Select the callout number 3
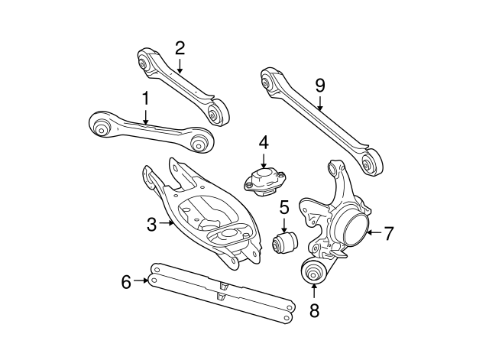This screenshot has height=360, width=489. pos(151,223)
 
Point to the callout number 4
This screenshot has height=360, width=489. pos(263,143)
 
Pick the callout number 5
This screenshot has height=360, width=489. pos(283,206)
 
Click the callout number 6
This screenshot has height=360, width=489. pos(127,281)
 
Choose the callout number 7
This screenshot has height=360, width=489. pos(388,234)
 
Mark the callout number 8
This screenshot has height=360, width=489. pos(314,310)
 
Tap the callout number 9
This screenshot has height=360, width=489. pos(320,85)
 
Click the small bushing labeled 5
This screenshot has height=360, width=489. pos(283,244)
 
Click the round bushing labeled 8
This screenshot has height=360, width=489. pos(313,271)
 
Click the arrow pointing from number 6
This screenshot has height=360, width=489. pos(141,281)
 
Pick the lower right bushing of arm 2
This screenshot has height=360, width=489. pos(217,112)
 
